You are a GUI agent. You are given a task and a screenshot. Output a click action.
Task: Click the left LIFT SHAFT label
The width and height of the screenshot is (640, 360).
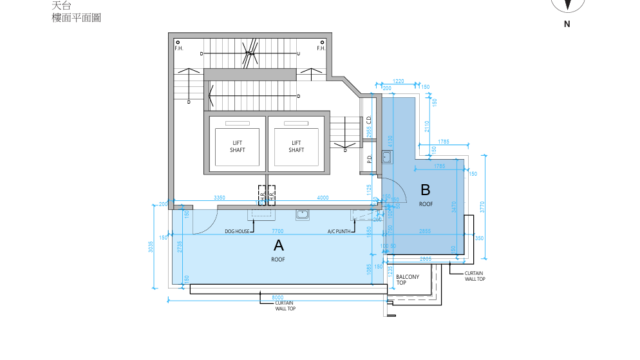238,145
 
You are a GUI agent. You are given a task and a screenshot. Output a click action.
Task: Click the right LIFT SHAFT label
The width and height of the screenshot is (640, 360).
296,145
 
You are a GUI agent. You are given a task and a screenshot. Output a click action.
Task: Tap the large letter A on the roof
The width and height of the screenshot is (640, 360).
278,245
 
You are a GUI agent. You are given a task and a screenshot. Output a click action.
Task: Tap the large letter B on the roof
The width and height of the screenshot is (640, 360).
425,189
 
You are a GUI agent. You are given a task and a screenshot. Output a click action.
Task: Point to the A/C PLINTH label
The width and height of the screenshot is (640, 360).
339,231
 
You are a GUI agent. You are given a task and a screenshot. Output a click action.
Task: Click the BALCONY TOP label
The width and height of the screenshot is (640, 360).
408,279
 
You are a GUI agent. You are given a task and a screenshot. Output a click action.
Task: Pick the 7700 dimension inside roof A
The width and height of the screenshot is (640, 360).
277,230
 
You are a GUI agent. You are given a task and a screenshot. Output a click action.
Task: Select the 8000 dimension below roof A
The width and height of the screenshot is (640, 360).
277,296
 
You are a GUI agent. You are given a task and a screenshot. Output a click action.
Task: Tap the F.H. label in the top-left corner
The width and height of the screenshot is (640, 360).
177,47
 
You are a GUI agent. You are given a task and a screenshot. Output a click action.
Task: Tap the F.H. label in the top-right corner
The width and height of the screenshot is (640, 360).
321,47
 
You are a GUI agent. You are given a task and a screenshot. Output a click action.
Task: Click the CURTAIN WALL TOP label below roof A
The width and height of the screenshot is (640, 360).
285,306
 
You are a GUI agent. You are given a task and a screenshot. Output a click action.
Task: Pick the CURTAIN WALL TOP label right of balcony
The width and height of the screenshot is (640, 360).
474,275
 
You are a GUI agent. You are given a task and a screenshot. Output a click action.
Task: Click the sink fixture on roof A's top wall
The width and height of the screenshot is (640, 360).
300,212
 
